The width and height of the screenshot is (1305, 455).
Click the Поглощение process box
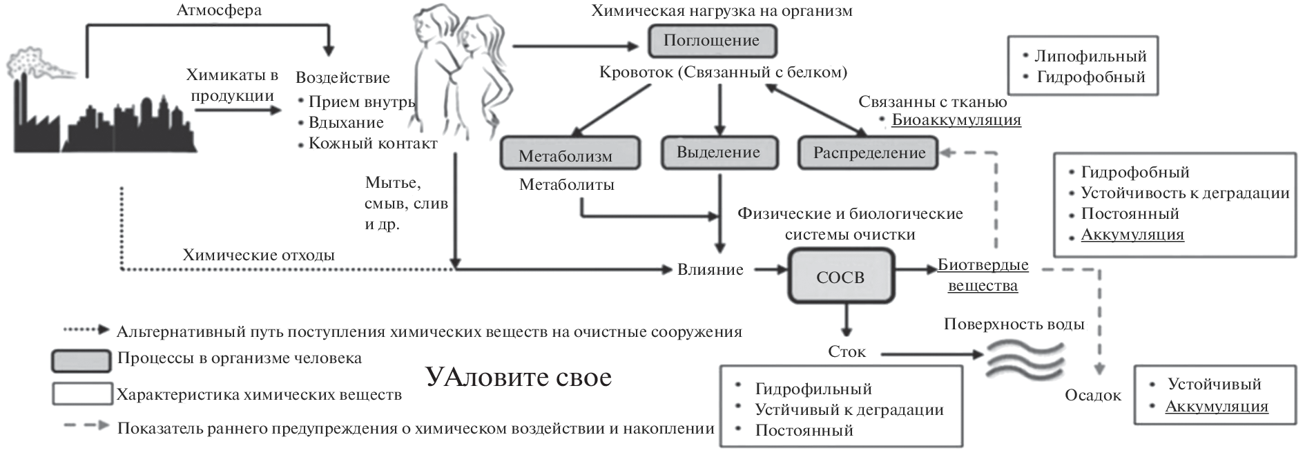point(711,41)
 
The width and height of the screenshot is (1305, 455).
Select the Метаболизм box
point(570,153)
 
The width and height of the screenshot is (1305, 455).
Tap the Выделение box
point(719,153)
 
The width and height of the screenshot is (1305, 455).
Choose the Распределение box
point(868,153)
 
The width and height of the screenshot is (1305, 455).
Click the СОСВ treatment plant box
point(840,277)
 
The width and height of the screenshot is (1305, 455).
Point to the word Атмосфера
point(219,10)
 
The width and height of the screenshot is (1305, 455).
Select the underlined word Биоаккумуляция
point(956,119)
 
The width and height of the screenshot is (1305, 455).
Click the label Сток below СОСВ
point(847,351)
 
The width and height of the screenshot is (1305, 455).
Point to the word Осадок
point(1092,395)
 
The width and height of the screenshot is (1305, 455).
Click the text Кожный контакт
point(373,144)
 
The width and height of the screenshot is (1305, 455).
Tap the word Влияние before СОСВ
point(710,269)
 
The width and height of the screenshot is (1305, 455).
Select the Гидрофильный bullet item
point(813,389)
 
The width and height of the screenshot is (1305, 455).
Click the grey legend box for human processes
point(81,360)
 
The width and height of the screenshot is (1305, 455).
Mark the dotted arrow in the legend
point(86,330)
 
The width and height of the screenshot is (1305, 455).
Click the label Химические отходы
point(258,255)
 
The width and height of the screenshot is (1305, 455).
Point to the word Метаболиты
point(566,184)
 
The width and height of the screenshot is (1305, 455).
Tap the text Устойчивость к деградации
point(1185,193)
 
